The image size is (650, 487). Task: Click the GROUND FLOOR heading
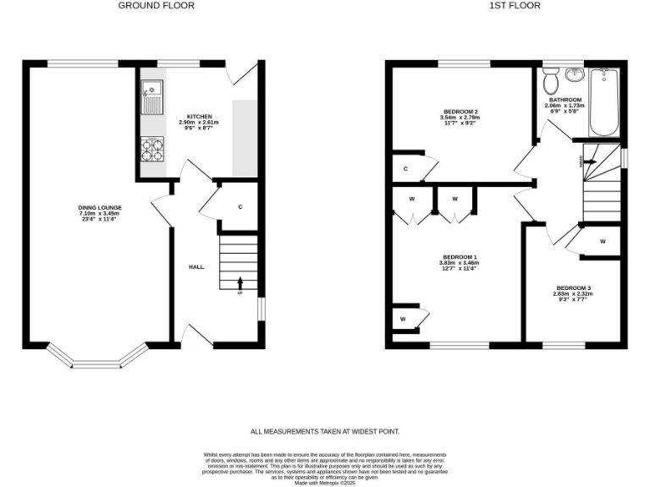click(156, 5)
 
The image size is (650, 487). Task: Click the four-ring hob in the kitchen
click(153, 150)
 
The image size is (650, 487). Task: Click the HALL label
click(196, 266)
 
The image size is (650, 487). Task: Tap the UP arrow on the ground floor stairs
click(240, 283)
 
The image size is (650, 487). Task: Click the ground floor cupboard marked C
click(240, 206)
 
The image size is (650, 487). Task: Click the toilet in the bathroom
click(551, 81)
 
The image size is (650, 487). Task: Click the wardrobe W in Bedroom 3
click(603, 241)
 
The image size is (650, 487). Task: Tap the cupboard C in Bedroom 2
click(406, 169)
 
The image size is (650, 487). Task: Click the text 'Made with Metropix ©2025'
click(324, 483)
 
